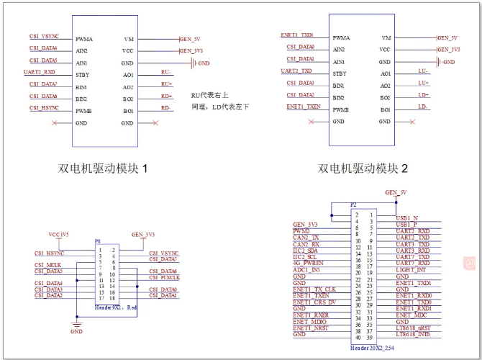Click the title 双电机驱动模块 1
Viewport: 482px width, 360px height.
[105, 169]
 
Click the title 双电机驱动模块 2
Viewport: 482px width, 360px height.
[363, 169]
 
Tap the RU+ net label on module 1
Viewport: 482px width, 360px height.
[166, 84]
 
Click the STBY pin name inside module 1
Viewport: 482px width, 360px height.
[81, 74]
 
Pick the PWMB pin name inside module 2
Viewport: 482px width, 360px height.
[341, 109]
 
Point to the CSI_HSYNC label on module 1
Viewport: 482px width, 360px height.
[44, 107]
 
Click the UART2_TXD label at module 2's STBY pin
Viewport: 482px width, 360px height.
[296, 71]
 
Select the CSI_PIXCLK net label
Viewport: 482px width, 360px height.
[164, 277]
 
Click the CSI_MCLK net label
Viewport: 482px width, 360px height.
[47, 265]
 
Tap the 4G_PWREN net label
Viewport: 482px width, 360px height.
[308, 263]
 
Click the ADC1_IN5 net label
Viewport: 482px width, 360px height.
[307, 269]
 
